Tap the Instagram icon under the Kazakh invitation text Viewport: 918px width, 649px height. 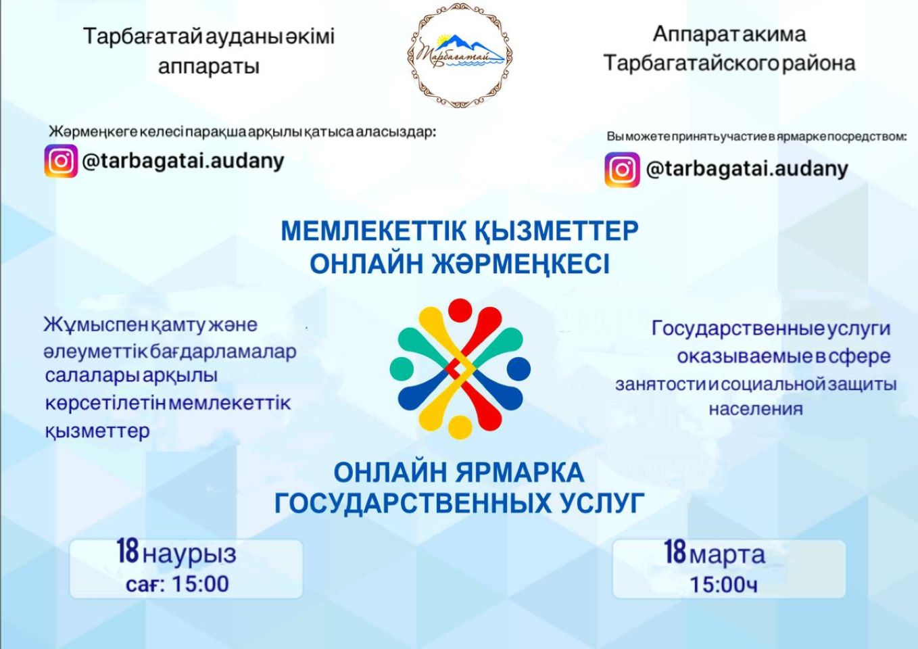click(61, 161)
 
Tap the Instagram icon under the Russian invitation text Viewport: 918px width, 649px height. click(622, 169)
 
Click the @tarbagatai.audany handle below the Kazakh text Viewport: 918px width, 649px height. click(183, 161)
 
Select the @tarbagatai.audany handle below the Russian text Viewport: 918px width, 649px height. click(746, 168)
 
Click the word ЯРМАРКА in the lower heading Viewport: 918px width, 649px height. click(519, 472)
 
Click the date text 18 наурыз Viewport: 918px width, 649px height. click(176, 553)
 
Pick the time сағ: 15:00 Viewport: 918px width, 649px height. click(177, 583)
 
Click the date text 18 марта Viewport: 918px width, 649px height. click(715, 554)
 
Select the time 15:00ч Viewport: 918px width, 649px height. click(723, 584)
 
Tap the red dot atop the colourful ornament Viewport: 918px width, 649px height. click(460, 310)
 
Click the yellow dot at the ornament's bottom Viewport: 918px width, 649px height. click(460, 427)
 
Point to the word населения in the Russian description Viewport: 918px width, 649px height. click(756, 409)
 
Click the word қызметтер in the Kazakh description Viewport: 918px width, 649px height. click(97, 431)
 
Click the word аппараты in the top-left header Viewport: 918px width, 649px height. click(209, 66)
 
